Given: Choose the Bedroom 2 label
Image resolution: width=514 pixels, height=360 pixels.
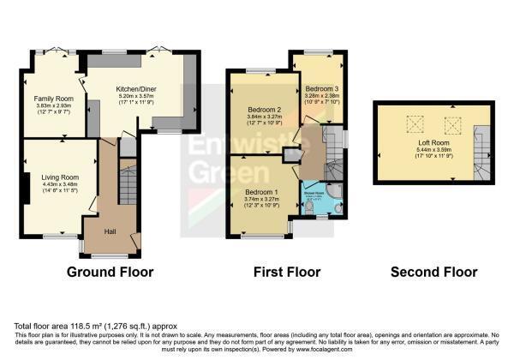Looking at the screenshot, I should [262, 112].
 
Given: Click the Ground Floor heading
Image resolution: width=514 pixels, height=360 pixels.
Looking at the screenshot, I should [110, 273].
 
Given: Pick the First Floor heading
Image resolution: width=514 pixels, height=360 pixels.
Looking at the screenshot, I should [286, 273].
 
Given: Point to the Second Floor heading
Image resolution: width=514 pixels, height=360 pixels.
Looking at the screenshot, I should [433, 273].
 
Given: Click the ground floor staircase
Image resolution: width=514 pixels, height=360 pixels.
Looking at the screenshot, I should [127, 184].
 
